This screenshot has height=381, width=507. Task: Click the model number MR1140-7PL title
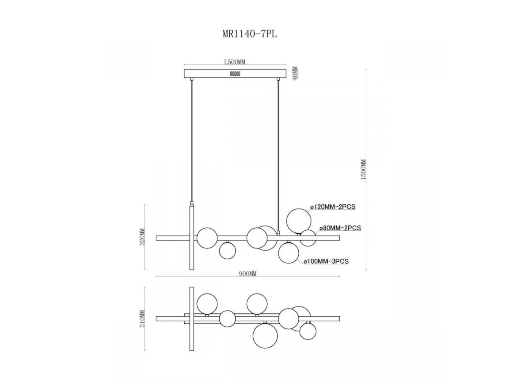(x=249, y=34)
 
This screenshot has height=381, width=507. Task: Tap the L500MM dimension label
(x=234, y=62)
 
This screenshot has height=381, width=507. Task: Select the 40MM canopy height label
(x=295, y=73)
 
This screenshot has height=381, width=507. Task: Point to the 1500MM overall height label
(x=364, y=169)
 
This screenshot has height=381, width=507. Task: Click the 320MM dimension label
(x=142, y=237)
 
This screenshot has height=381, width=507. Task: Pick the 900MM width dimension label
(x=248, y=273)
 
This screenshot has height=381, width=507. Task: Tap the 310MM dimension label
(x=142, y=319)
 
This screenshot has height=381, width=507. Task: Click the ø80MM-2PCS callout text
(x=340, y=228)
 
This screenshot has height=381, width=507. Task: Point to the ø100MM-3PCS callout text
(x=326, y=261)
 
